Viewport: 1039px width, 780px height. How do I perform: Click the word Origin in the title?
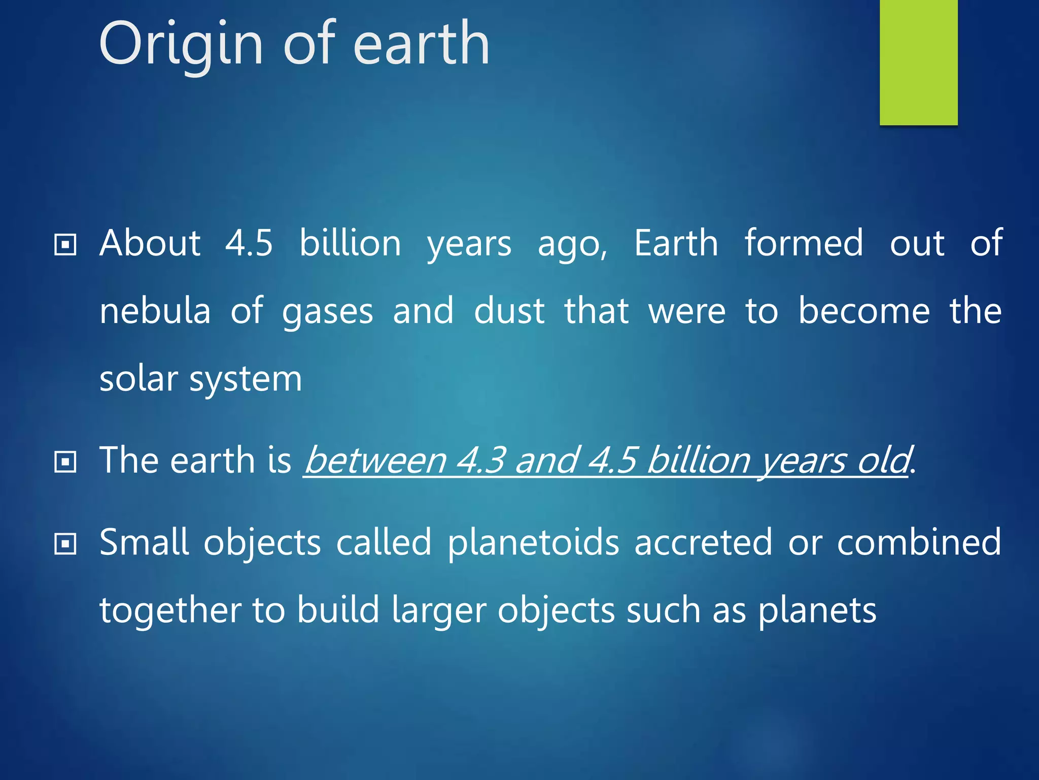181,45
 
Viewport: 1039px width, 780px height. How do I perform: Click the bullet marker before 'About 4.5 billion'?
65,245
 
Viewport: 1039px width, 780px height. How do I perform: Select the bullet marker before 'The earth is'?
65,462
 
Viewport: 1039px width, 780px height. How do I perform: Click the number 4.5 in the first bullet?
249,243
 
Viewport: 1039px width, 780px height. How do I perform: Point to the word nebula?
155,311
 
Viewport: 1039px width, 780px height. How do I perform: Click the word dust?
509,311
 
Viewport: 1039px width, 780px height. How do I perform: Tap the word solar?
138,379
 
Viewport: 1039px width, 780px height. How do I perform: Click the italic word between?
375,461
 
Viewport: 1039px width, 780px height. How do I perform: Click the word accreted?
703,542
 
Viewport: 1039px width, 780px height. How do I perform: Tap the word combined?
919,542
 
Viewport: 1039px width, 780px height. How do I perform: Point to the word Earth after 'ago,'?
676,243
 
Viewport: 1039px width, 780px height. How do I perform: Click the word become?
864,311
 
